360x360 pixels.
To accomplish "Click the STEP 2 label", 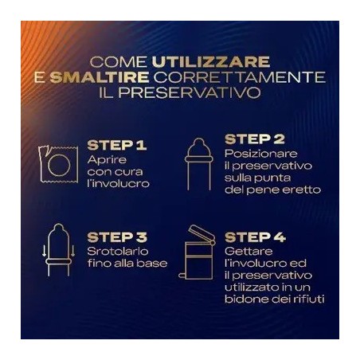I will point(255,139).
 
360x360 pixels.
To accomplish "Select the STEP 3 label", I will point(116,237).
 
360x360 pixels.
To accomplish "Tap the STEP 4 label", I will point(256,237).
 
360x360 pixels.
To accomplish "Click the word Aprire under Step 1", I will point(104,159).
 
